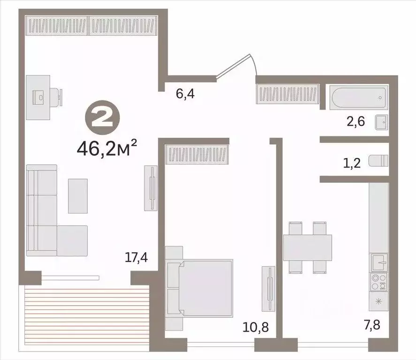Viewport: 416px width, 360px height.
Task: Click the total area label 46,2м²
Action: click(x=107, y=148)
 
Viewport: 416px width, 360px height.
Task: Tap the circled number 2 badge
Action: click(x=102, y=118)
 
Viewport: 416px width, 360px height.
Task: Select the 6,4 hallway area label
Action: click(x=185, y=94)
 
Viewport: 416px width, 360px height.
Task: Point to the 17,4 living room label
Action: click(x=136, y=257)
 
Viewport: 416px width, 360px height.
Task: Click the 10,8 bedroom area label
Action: click(x=256, y=327)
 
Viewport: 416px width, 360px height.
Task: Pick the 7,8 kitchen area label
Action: click(x=372, y=325)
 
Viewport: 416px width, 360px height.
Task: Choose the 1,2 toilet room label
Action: click(x=352, y=163)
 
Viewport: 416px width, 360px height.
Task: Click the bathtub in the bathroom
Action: click(x=359, y=97)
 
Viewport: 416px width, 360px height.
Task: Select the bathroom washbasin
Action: click(x=381, y=122)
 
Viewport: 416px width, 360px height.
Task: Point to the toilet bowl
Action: click(x=378, y=161)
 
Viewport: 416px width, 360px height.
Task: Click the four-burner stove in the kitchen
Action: click(x=378, y=282)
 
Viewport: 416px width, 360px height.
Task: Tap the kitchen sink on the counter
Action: click(x=379, y=262)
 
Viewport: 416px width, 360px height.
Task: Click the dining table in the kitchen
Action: click(x=308, y=247)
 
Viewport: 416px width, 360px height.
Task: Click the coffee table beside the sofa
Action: click(x=78, y=196)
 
